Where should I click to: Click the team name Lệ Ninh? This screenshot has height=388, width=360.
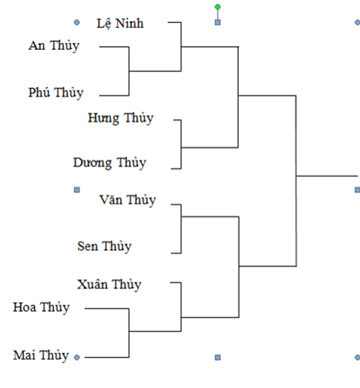(x=120, y=24)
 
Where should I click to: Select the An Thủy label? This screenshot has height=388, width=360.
(x=54, y=46)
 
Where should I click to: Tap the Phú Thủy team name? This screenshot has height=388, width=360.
(x=56, y=93)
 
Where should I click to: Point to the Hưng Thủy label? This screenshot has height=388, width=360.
(x=120, y=118)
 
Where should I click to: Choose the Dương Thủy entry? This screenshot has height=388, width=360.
(x=109, y=163)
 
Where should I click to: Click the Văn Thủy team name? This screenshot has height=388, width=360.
(x=128, y=200)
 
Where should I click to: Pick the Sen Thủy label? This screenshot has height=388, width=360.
(x=104, y=247)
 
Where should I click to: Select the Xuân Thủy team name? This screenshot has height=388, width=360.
(x=109, y=285)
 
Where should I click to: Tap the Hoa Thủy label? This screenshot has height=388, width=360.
(x=42, y=308)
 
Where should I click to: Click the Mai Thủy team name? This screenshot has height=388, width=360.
(x=41, y=355)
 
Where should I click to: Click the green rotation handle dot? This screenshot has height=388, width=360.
(x=218, y=7)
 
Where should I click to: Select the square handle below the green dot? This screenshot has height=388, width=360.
(x=218, y=22)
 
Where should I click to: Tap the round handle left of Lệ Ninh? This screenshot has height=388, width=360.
(x=77, y=22)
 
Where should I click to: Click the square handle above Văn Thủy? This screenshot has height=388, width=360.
(x=77, y=190)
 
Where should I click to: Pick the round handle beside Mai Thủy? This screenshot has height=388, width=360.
(x=77, y=358)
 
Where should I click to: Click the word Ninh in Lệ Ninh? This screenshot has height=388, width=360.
(x=129, y=23)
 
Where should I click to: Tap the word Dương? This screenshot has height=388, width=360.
(x=92, y=164)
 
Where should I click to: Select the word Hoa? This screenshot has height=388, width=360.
(x=25, y=307)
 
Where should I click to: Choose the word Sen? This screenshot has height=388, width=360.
(x=88, y=246)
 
